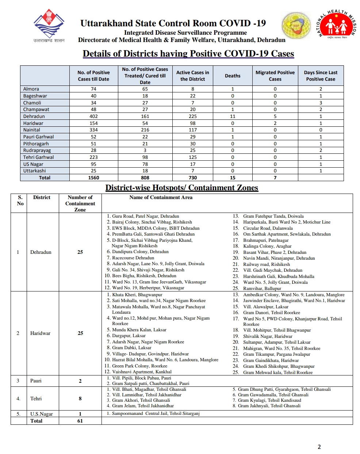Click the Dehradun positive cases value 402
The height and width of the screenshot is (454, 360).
[x=93, y=117]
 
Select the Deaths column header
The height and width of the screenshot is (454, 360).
[x=233, y=76]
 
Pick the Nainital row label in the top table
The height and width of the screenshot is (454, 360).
[x=32, y=130]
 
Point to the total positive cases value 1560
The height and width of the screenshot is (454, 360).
[x=93, y=178]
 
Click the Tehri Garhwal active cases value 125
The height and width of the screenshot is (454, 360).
[x=193, y=157]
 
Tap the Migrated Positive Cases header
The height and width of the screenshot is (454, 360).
[x=275, y=76]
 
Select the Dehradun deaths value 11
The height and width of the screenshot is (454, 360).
[x=233, y=117]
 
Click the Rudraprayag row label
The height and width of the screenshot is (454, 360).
[x=37, y=150]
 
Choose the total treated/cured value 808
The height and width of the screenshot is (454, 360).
[x=145, y=178]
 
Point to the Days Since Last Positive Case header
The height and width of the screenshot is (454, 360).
[x=321, y=76]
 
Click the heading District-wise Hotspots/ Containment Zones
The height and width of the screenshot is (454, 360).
[x=182, y=188]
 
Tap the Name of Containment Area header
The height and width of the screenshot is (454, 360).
[x=161, y=198]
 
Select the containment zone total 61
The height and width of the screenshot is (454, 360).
[x=80, y=421]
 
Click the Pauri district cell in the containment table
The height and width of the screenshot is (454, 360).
[x=36, y=381]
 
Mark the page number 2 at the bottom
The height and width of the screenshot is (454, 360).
[x=319, y=447]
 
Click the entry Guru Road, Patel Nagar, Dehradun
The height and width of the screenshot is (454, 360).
[x=145, y=216]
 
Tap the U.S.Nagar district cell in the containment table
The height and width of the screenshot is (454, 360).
[x=42, y=414]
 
